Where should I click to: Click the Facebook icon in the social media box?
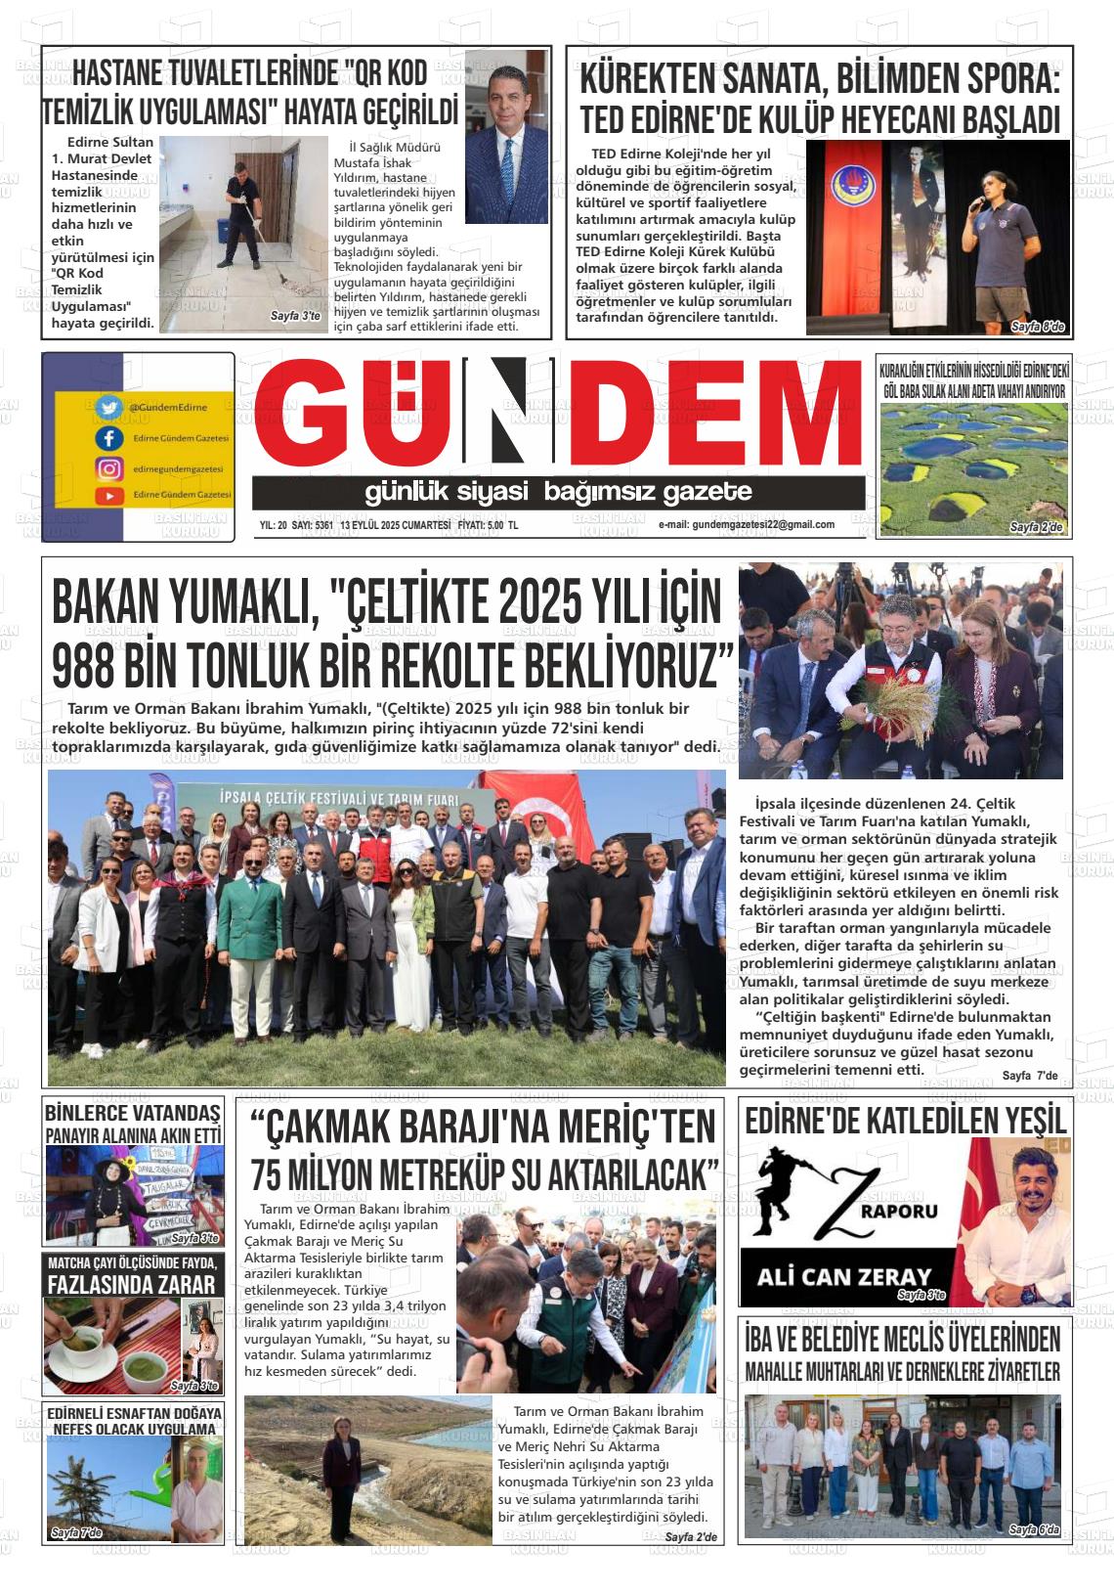click(x=108, y=438)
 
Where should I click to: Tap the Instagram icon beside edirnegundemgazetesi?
click(x=108, y=468)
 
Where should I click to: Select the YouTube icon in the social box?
click(x=108, y=496)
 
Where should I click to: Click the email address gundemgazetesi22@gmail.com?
click(x=747, y=524)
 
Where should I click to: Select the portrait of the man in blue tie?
click(x=505, y=109)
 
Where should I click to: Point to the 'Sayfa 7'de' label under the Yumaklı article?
click(x=1029, y=1076)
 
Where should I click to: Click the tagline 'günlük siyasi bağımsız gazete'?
click(x=558, y=491)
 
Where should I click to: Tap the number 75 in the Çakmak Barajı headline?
click(x=273, y=1173)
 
